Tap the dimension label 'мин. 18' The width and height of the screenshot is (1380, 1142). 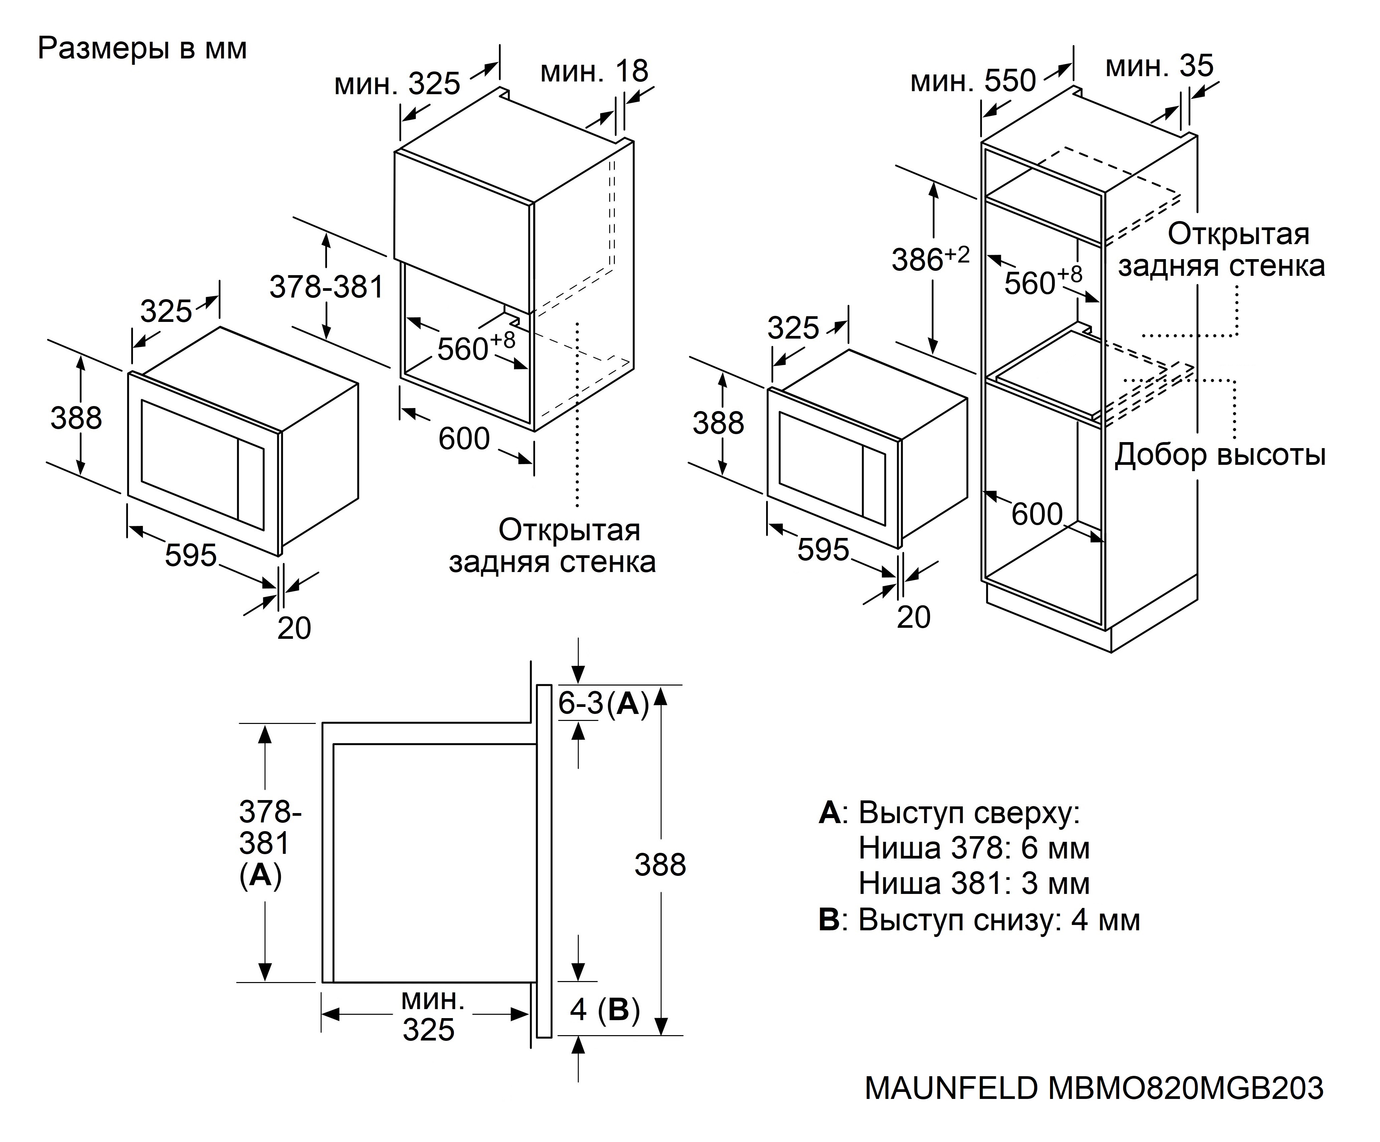(x=593, y=71)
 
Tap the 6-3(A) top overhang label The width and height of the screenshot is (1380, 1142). (x=603, y=704)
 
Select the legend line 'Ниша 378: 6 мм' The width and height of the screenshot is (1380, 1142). (x=974, y=848)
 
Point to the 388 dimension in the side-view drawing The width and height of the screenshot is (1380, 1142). (x=660, y=865)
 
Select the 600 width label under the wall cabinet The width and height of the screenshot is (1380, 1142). (x=464, y=438)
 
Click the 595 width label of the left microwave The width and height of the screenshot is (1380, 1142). (x=191, y=555)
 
